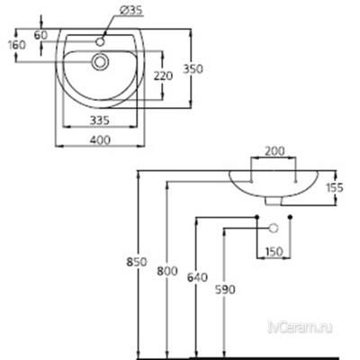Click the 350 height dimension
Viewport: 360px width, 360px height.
coord(209,67)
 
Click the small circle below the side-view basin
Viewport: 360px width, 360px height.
coord(267,229)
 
